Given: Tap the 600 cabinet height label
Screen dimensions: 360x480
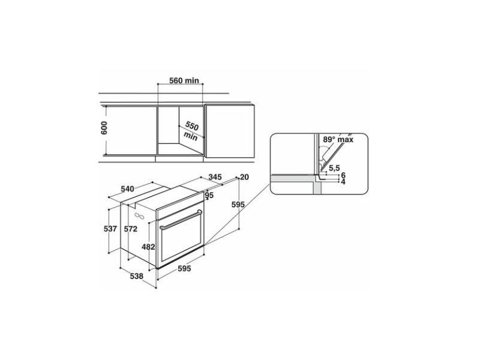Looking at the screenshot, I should pyautogui.click(x=104, y=128).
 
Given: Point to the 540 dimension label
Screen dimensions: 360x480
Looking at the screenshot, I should pyautogui.click(x=127, y=189).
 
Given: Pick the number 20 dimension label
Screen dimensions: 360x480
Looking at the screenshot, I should pyautogui.click(x=244, y=177).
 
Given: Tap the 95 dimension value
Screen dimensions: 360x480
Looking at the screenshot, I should pyautogui.click(x=209, y=196).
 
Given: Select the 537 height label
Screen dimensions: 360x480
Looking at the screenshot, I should pyautogui.click(x=110, y=229).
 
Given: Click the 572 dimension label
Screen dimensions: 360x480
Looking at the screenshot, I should pyautogui.click(x=131, y=229).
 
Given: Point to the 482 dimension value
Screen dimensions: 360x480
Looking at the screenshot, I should pyautogui.click(x=148, y=247).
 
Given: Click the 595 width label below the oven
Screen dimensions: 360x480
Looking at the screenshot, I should pyautogui.click(x=183, y=269).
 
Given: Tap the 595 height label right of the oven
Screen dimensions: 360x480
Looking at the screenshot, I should pyautogui.click(x=238, y=205).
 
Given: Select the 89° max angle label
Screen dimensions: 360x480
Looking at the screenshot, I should pyautogui.click(x=338, y=139).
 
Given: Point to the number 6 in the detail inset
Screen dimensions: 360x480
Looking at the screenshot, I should pyautogui.click(x=343, y=175).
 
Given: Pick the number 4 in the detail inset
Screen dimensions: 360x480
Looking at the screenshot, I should pyautogui.click(x=343, y=181).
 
